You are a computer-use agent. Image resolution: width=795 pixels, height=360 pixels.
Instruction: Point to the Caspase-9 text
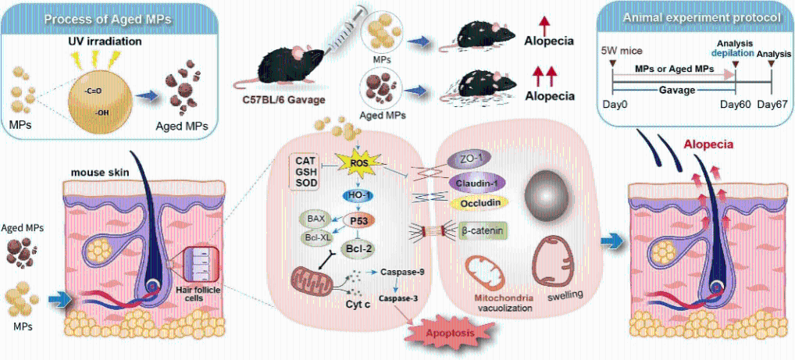[401, 272]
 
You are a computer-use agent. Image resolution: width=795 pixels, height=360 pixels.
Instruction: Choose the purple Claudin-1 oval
[478, 182]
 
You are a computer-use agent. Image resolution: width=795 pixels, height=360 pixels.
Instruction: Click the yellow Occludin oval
[479, 203]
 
